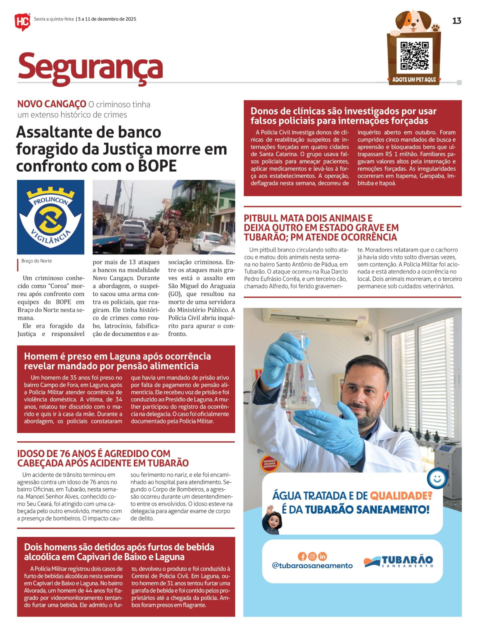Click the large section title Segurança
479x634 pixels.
tap(90, 67)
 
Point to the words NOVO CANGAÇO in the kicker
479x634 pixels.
tap(52, 104)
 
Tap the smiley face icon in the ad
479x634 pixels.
tap(437, 478)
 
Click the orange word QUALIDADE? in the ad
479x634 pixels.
tap(401, 495)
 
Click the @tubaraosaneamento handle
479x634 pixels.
tap(312, 566)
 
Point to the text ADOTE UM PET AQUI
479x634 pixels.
tap(414, 80)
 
